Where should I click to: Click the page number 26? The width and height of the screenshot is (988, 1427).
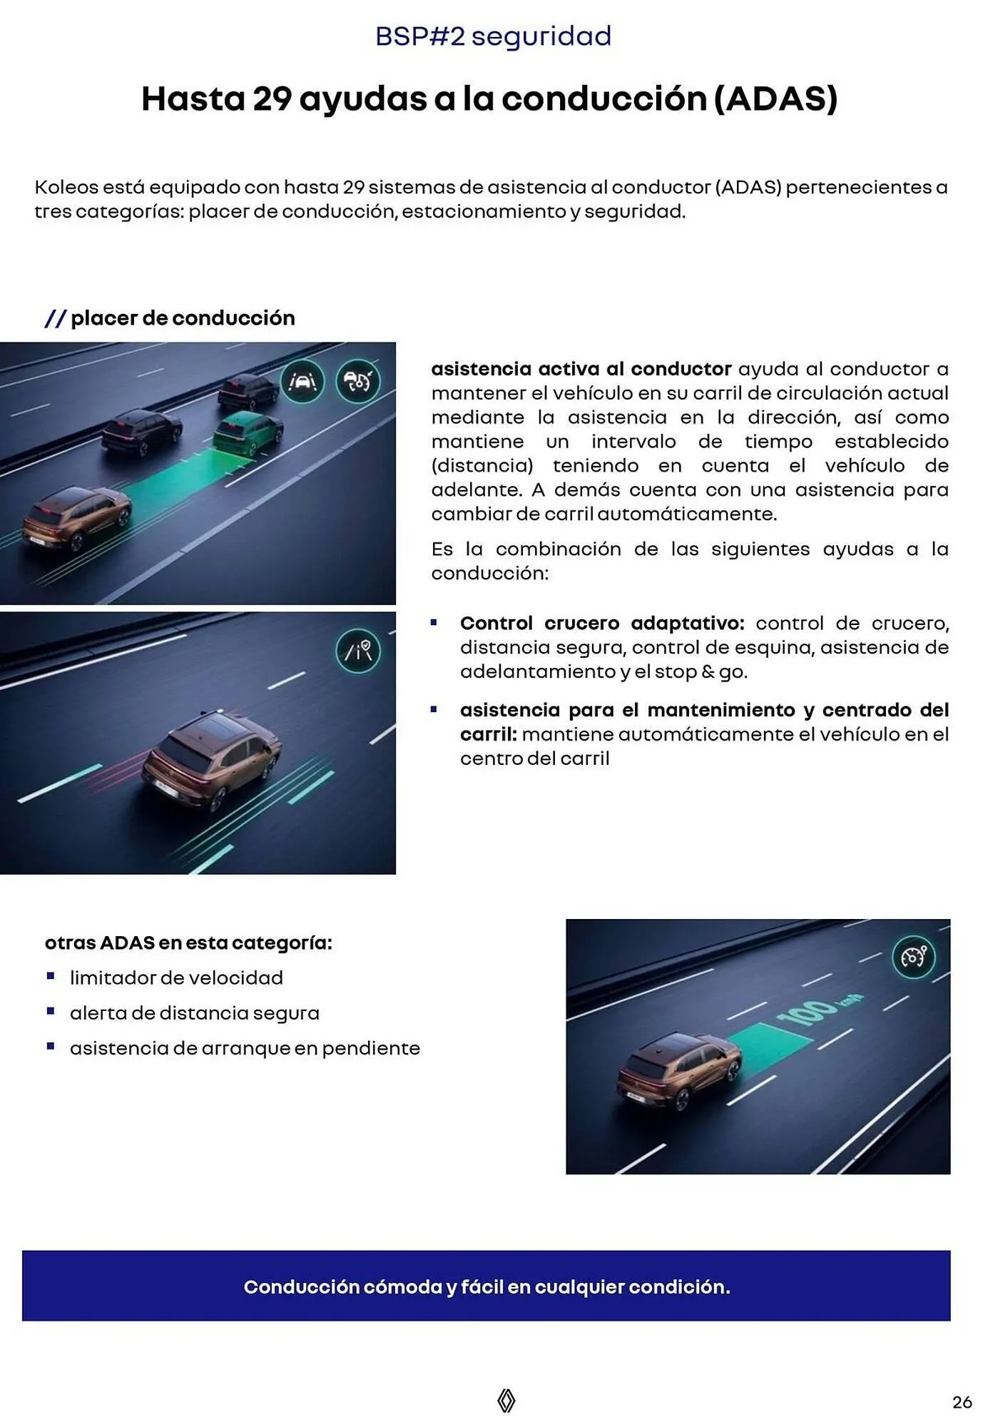pyautogui.click(x=962, y=1402)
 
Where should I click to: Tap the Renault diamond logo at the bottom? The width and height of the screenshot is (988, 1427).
pyautogui.click(x=506, y=1401)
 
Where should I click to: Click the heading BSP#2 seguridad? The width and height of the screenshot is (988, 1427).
pyautogui.click(x=493, y=36)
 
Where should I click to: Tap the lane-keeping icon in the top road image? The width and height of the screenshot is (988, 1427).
pyautogui.click(x=302, y=382)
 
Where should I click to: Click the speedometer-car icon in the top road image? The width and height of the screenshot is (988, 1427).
pyautogui.click(x=357, y=382)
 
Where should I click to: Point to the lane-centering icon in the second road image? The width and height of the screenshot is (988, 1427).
pyautogui.click(x=358, y=651)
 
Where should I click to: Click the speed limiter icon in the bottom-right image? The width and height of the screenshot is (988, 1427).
pyautogui.click(x=914, y=957)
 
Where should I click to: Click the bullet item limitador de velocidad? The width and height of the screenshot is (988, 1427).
pyautogui.click(x=176, y=977)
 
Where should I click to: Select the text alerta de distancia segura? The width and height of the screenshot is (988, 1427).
pyautogui.click(x=194, y=1013)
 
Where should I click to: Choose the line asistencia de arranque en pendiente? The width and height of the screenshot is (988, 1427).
pyautogui.click(x=245, y=1048)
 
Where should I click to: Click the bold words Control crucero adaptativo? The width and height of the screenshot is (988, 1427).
pyautogui.click(x=601, y=623)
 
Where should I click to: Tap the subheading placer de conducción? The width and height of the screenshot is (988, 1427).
pyautogui.click(x=183, y=318)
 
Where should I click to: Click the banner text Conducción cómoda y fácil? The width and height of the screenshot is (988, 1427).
pyautogui.click(x=487, y=1287)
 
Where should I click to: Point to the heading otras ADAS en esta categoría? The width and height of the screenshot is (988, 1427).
pyautogui.click(x=188, y=943)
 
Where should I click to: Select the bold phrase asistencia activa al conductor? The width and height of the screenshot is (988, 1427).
pyautogui.click(x=581, y=369)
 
